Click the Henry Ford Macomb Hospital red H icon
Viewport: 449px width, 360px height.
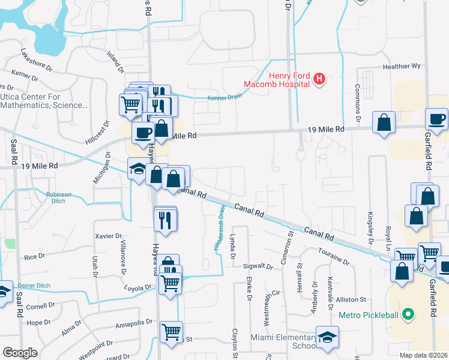(319, 78)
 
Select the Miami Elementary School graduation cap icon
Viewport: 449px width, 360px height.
(327, 338)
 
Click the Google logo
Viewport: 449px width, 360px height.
(20, 352)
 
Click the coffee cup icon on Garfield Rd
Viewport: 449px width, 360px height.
(436, 119)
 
